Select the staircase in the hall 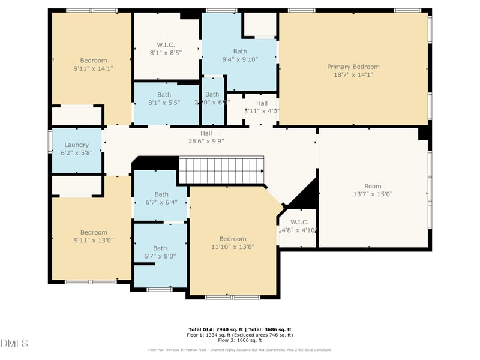point(221,170)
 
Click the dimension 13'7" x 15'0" point(373,194)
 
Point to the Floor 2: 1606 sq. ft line point(240,340)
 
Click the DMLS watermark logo point(14,343)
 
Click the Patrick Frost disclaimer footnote point(240,350)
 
